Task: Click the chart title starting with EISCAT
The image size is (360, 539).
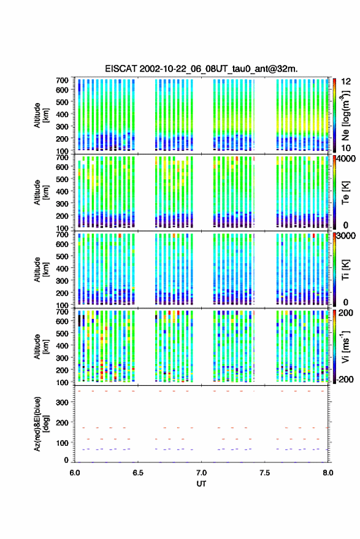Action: (201, 69)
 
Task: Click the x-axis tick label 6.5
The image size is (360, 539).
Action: (138, 473)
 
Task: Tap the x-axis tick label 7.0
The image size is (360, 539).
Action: (201, 473)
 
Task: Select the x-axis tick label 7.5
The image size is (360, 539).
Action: (265, 473)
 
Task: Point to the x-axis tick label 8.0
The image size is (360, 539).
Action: (328, 473)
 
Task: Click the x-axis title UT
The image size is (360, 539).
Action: (201, 484)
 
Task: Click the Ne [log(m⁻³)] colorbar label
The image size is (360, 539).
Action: (345, 115)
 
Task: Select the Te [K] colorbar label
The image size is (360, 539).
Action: (345, 193)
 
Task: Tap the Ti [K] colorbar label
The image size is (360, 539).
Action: (345, 270)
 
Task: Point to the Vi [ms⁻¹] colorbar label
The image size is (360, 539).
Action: (345, 346)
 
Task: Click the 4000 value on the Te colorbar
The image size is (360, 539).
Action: (347, 159)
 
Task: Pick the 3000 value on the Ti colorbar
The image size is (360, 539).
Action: (347, 236)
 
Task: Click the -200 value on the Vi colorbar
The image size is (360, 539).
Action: (345, 380)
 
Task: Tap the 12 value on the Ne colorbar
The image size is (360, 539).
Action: (346, 82)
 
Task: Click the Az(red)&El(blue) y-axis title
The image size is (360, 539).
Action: (41, 424)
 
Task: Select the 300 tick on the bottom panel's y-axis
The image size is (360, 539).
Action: (62, 402)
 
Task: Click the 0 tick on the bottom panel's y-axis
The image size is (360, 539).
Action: (66, 460)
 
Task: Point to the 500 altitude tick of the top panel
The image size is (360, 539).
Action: (62, 102)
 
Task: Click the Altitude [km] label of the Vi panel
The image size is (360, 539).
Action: (41, 346)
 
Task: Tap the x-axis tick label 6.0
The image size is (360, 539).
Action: (75, 473)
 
